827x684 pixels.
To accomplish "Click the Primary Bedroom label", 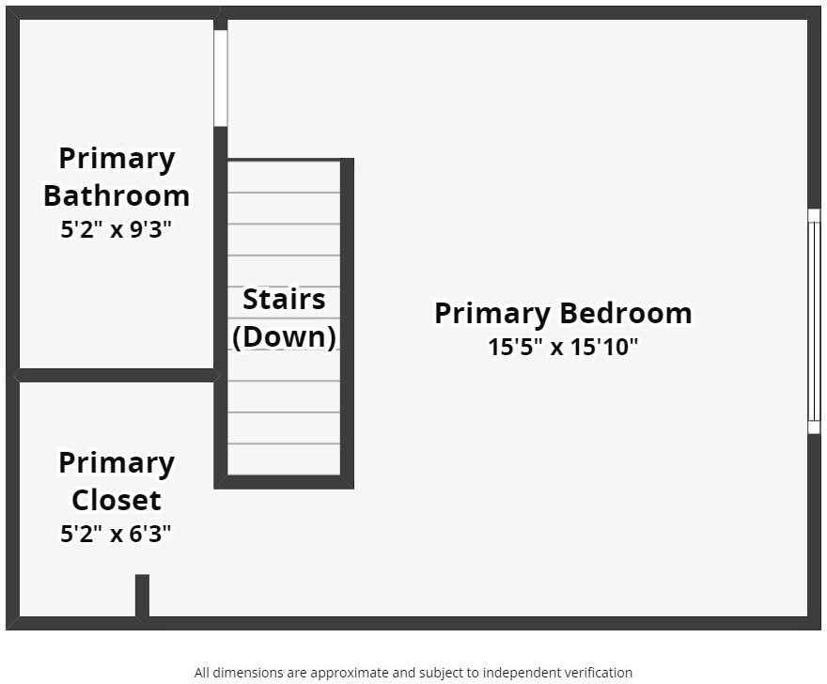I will (x=562, y=313).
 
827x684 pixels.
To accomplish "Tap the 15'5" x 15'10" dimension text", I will (x=562, y=347).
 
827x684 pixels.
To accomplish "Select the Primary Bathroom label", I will (x=117, y=177).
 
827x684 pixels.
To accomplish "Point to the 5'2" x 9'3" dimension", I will (x=117, y=229).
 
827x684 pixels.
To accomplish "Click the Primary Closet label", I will (x=117, y=480).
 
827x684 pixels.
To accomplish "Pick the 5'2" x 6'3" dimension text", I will (x=117, y=535).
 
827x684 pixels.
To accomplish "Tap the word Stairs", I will (x=284, y=300).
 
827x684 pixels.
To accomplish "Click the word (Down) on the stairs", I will (x=284, y=336).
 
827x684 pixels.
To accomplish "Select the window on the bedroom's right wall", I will (x=814, y=320).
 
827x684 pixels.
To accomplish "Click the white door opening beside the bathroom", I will (x=221, y=78).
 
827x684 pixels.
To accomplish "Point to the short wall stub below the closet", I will (x=142, y=596).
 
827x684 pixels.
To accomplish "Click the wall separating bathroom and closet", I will (x=117, y=375).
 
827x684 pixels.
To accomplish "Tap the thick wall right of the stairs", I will (x=347, y=319).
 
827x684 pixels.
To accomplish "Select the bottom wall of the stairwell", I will (x=284, y=482).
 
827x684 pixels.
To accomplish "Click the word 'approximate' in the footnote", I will (x=341, y=673).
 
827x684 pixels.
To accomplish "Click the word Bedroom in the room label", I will (x=625, y=313).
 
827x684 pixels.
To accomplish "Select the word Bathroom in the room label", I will (x=117, y=195).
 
